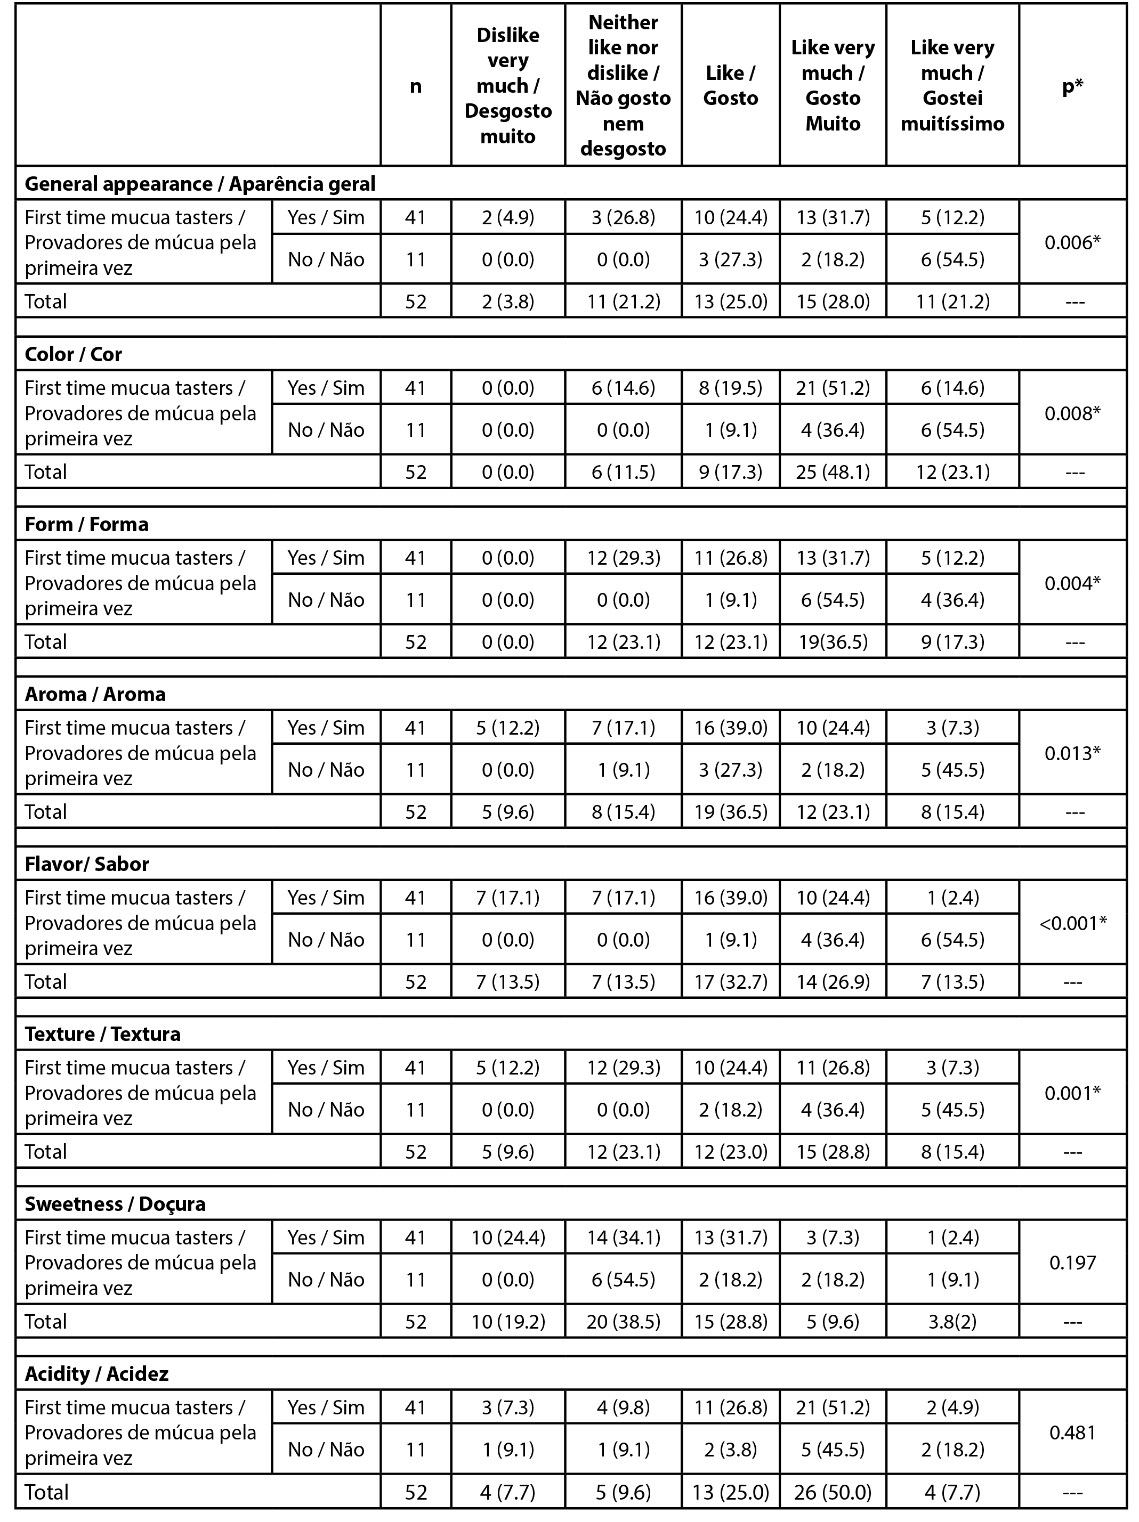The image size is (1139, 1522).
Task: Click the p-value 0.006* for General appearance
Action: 1072,242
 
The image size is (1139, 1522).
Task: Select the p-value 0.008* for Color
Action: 1072,413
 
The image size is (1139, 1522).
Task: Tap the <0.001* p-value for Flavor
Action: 1072,923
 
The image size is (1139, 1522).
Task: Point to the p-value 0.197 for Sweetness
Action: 1072,1263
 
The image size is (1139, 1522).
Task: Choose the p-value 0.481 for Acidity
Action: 1072,1433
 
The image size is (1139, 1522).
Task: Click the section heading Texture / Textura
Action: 102,1034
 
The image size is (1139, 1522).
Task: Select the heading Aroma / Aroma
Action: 95,694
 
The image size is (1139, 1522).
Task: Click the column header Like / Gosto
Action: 730,85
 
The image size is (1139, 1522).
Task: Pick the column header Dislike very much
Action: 508,85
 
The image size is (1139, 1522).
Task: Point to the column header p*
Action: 1072,85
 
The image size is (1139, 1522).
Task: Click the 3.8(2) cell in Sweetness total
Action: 952,1322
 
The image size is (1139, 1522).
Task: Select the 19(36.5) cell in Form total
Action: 833,642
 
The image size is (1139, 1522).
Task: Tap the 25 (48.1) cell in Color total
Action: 833,472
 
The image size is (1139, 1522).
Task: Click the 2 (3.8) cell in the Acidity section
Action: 730,1450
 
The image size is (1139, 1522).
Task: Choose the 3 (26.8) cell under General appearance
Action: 623,217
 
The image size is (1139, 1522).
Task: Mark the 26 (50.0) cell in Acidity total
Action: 833,1492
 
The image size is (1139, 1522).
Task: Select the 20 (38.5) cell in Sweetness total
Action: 623,1322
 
